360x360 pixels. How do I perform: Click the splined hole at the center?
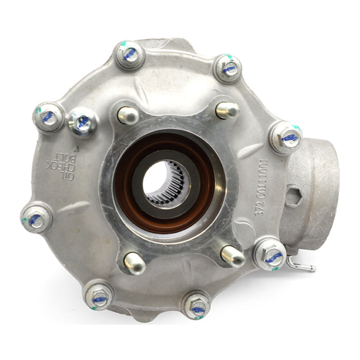coord(166,182)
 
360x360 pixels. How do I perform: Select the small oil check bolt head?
coord(82,121)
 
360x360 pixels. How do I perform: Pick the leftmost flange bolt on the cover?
coord(36,218)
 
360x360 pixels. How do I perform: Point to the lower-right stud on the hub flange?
coord(232,255)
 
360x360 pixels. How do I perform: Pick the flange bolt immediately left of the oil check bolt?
coord(48,116)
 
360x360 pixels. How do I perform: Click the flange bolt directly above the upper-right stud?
coord(227,68)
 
